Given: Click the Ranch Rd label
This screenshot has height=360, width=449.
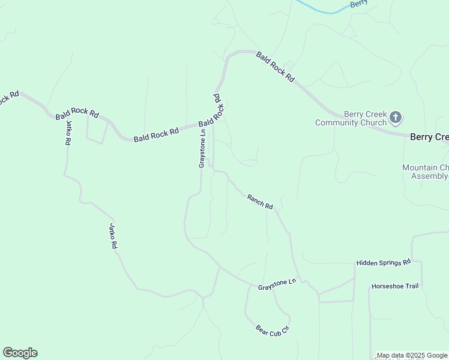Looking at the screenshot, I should tap(259, 202).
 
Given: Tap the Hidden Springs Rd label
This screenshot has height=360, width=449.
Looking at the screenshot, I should tap(383, 263).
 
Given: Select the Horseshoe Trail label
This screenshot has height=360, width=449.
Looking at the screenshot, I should tap(394, 286).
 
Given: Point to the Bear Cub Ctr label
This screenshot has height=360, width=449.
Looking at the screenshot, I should tap(273, 329).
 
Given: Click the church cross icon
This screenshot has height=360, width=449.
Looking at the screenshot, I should tap(395, 116).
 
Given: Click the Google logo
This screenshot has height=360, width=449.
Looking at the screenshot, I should tap(20, 353).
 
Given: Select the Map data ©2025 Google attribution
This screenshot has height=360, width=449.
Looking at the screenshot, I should tap(411, 355).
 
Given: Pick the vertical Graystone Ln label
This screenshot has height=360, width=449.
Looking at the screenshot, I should tap(203, 148).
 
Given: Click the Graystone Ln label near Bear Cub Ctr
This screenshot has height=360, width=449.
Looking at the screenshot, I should tap(277, 284).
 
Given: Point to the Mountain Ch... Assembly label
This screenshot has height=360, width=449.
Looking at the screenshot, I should tap(426, 172).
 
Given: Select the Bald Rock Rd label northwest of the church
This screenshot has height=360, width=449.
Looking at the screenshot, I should tap(276, 67).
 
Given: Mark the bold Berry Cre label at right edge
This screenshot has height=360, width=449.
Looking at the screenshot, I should tap(429, 137).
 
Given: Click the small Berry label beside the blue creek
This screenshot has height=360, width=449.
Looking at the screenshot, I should tap(359, 3).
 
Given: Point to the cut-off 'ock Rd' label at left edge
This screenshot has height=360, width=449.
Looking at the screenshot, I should tap(10, 98).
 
